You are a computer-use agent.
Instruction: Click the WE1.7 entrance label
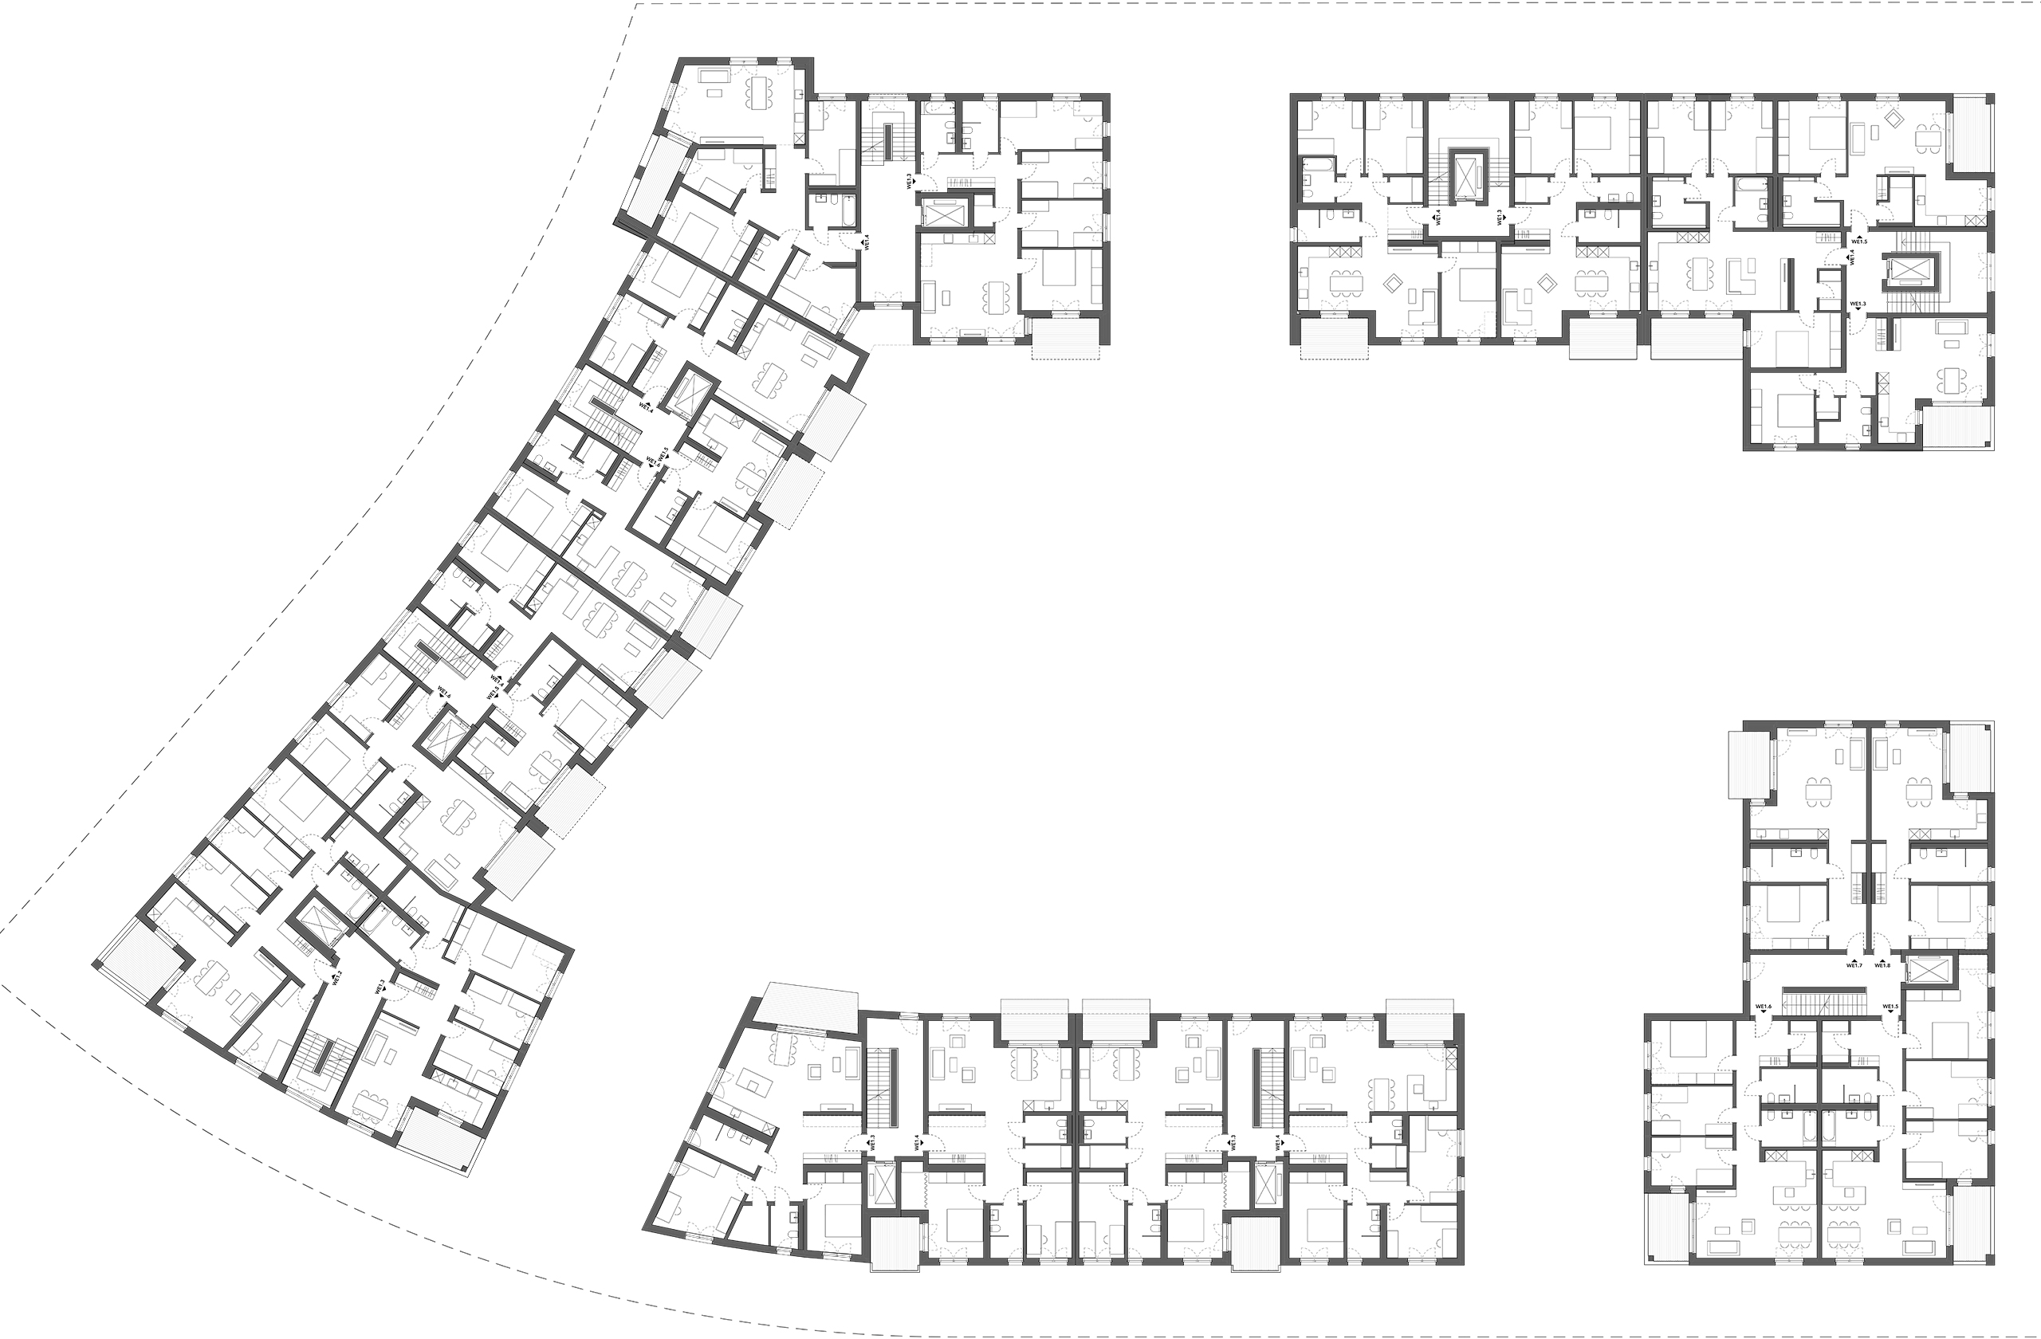1854,965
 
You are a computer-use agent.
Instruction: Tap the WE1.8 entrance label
1882,965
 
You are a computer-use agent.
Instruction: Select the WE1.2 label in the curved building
338,977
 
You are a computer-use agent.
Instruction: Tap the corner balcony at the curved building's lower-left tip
137,960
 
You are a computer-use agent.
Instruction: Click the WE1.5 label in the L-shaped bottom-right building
1891,1007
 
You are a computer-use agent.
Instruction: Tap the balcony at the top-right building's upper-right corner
1971,133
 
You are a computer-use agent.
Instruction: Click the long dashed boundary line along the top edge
1286,4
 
